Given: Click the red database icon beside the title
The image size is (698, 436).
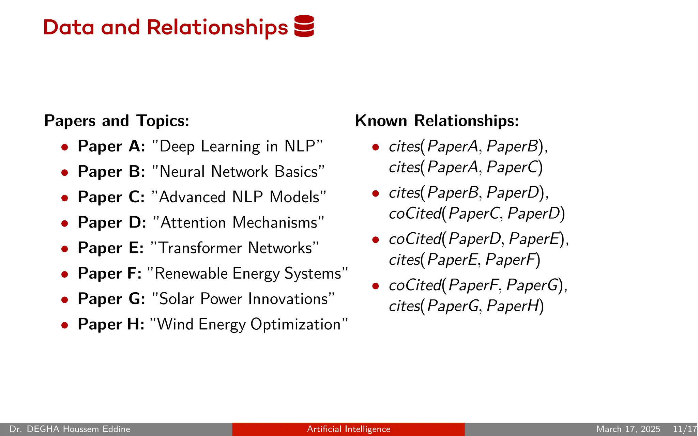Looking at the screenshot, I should tap(304, 26).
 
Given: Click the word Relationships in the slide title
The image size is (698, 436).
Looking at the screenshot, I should tap(217, 27).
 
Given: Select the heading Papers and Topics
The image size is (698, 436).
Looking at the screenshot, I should tap(117, 121).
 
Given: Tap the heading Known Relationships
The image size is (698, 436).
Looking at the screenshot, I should tap(437, 121).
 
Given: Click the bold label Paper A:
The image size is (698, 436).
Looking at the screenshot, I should tap(111, 146).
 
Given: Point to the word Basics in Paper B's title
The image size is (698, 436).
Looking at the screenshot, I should tap(296, 172).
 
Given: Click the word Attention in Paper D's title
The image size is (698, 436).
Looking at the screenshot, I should tap(193, 222).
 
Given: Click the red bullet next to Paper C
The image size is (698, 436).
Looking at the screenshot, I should tap(65, 198).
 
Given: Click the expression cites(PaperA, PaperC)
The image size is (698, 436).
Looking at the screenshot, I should tap(466, 167).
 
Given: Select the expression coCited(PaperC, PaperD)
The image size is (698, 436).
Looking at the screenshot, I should tap(477, 214).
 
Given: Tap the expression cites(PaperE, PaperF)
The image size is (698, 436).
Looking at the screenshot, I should tap(465, 260).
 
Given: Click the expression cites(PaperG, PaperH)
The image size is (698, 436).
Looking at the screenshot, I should tap(466, 306).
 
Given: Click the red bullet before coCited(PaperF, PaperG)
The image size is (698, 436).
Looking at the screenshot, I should tap(376, 286).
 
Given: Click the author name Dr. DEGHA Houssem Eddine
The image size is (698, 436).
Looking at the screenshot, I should tap(70, 429).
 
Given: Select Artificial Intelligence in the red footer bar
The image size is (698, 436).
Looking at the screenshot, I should tap(348, 429).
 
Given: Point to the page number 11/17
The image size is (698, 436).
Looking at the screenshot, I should tap(684, 429).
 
